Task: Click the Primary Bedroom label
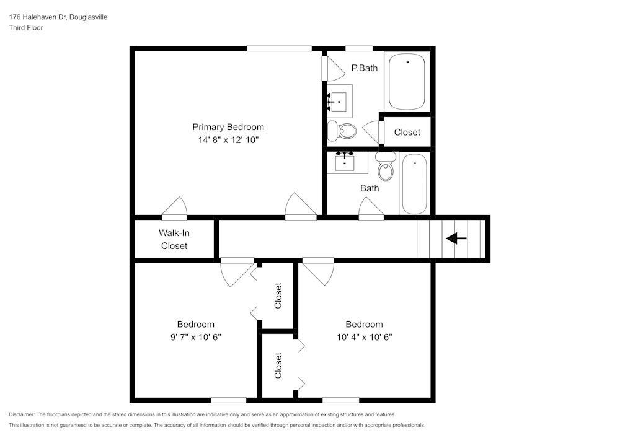pyautogui.click(x=228, y=127)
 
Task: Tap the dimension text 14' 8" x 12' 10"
pyautogui.click(x=228, y=140)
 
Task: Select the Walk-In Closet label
pyautogui.click(x=174, y=239)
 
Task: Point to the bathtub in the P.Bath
pyautogui.click(x=407, y=81)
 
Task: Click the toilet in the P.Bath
pyautogui.click(x=343, y=130)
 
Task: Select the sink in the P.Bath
pyautogui.click(x=339, y=101)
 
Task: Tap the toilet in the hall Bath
pyautogui.click(x=386, y=167)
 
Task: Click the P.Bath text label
pyautogui.click(x=364, y=68)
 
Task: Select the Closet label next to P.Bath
pyautogui.click(x=407, y=132)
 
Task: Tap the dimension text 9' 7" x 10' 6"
pyautogui.click(x=195, y=337)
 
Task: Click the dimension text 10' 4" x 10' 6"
pyautogui.click(x=364, y=337)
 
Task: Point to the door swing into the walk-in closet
pyautogui.click(x=175, y=208)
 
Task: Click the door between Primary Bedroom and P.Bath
pyautogui.click(x=332, y=68)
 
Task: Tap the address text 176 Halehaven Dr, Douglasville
pyautogui.click(x=58, y=17)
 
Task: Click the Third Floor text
pyautogui.click(x=25, y=28)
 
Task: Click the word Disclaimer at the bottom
pyautogui.click(x=22, y=414)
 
